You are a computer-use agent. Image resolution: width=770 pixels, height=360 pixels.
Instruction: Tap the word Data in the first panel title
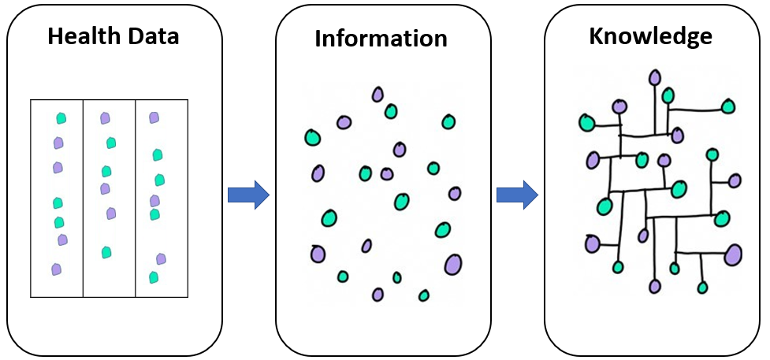click(153, 36)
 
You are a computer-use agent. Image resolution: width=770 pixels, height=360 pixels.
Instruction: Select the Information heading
click(381, 38)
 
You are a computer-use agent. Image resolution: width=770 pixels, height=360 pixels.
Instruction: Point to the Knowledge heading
click(651, 37)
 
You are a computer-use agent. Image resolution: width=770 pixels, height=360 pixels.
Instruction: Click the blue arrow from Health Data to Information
click(248, 195)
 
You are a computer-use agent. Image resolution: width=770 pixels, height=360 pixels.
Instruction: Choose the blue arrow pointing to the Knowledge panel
click(517, 195)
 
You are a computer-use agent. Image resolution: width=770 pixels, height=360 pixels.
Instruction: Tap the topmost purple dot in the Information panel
click(378, 95)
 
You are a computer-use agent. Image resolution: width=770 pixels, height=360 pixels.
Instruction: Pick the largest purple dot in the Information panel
click(453, 264)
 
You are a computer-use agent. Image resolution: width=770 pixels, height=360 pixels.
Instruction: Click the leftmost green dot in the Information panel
click(312, 138)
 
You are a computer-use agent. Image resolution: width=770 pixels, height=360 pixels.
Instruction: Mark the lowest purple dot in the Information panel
click(378, 294)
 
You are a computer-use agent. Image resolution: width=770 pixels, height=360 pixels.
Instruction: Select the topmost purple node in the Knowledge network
click(654, 77)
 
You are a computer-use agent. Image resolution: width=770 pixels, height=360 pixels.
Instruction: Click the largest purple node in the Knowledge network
click(733, 255)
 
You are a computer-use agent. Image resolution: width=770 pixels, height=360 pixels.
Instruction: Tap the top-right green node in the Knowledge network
click(728, 106)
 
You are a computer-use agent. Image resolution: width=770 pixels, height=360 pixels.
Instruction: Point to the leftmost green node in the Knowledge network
click(587, 122)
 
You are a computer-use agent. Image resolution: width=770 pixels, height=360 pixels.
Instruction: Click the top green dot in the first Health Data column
click(61, 118)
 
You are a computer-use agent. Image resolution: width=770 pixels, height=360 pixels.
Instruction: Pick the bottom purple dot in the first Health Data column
click(57, 269)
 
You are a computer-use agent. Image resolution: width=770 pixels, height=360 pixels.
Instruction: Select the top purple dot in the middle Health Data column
click(105, 118)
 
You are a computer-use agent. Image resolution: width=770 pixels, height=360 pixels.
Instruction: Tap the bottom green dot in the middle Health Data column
click(106, 252)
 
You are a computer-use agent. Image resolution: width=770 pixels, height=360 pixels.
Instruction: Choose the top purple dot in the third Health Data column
click(154, 117)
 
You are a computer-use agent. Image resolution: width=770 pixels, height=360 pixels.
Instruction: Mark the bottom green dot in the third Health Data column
click(154, 277)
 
